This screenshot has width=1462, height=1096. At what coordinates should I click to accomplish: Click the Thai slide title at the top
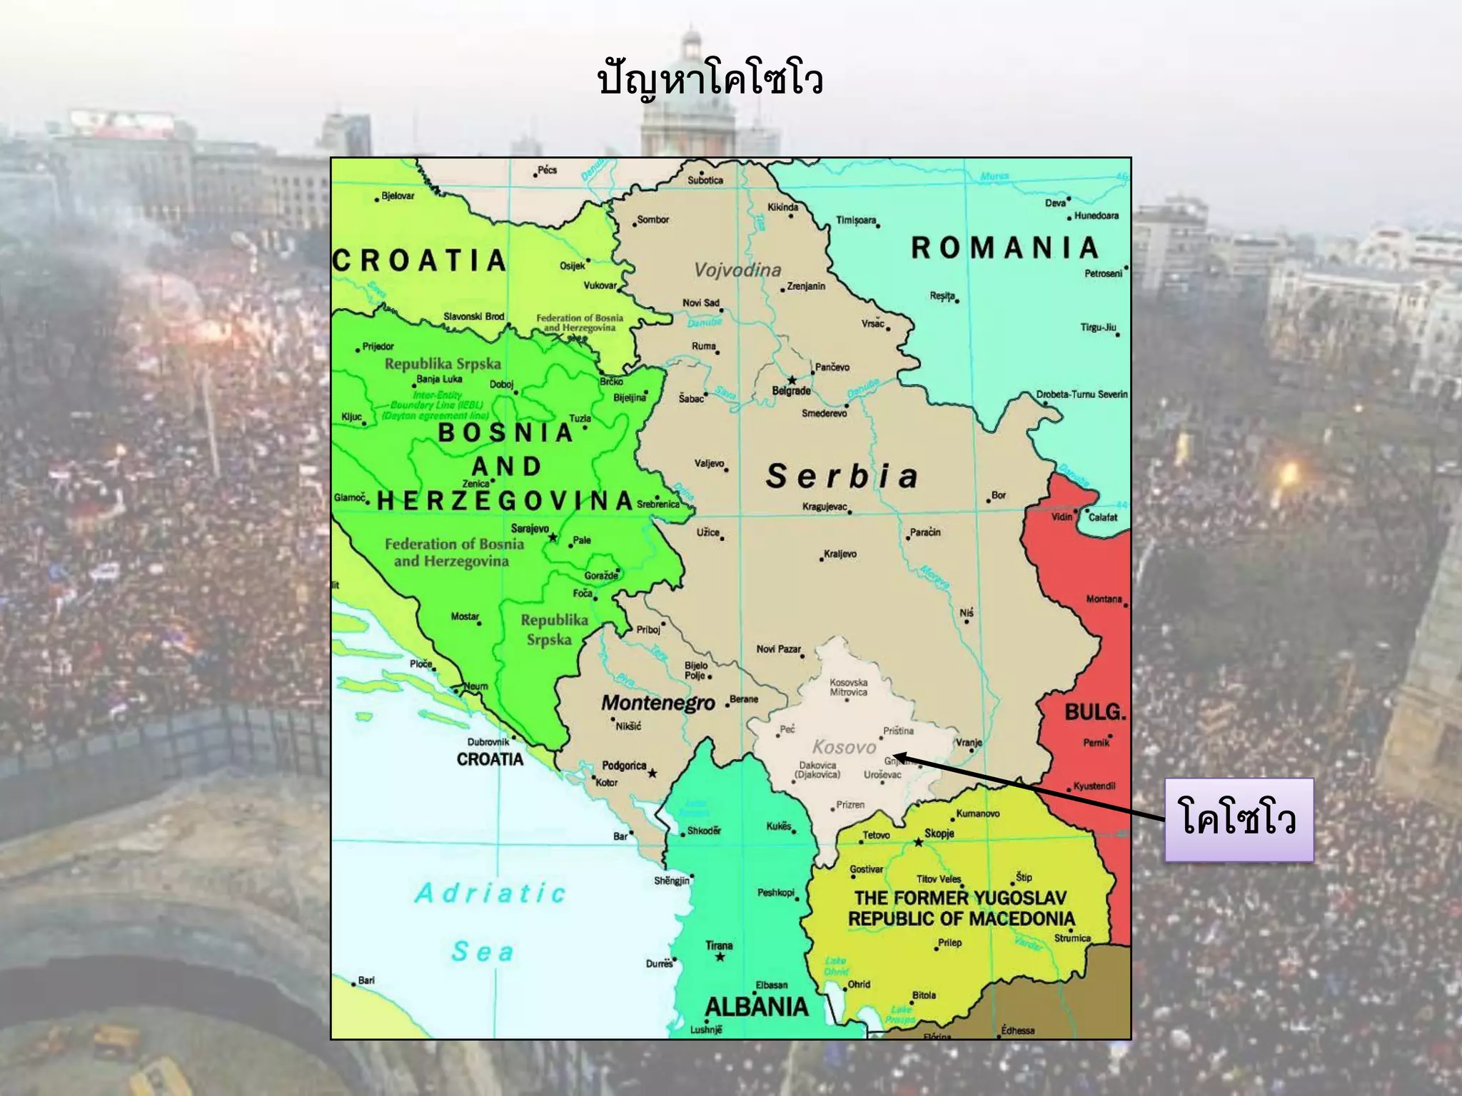[x=710, y=80]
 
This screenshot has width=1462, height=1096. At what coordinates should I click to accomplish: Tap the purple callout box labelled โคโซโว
[x=1239, y=819]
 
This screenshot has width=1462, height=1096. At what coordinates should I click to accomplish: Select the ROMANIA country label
[x=1004, y=248]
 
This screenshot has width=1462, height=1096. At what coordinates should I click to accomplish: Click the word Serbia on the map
[x=842, y=477]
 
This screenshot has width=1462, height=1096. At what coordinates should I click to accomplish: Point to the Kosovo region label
[x=844, y=747]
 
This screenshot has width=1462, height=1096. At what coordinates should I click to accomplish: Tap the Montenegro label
[x=657, y=703]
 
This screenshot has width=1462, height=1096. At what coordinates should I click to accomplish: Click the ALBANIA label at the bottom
[x=756, y=1007]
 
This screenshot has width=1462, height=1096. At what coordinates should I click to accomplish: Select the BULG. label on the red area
[x=1094, y=712]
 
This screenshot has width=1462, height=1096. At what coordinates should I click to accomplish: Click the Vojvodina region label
[x=737, y=270]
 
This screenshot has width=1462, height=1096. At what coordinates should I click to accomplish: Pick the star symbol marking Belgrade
[x=792, y=380]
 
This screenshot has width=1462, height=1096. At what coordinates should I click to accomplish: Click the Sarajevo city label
[x=530, y=529]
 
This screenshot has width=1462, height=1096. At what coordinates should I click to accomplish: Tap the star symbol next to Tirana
[x=720, y=957]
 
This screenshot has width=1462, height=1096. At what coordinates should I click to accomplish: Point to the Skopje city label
[x=939, y=833]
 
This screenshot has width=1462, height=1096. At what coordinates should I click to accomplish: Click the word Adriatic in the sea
[x=491, y=893]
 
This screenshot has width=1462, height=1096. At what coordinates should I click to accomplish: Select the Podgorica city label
[x=624, y=766]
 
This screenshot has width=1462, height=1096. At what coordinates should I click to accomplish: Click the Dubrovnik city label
[x=488, y=742]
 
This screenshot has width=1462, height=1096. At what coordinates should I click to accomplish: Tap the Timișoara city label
[x=856, y=220]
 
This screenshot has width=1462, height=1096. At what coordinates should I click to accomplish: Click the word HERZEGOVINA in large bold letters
[x=505, y=501]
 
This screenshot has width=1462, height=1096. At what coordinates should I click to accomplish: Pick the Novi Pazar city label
[x=778, y=649]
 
